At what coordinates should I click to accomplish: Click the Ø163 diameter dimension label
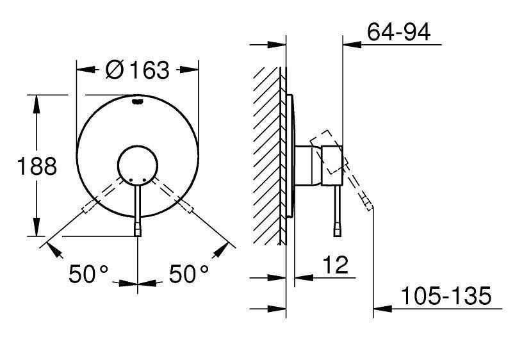click(137, 70)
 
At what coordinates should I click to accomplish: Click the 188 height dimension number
click(37, 167)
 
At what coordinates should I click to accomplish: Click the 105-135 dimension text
click(446, 296)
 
